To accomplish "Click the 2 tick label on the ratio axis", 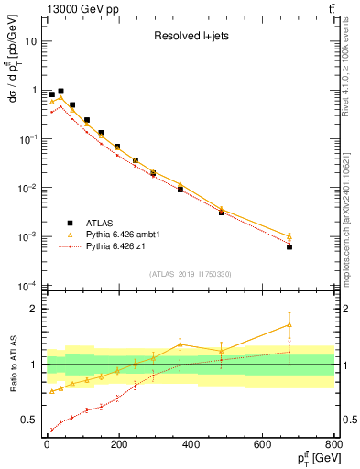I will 33,309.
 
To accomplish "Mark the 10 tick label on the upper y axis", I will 30,41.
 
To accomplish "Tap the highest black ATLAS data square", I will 60,92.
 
